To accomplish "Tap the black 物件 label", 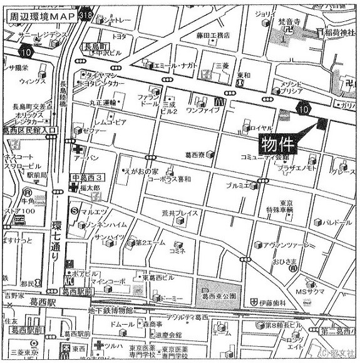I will (277, 143).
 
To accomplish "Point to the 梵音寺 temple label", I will (289, 22).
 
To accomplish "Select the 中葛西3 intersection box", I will (88, 179).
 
